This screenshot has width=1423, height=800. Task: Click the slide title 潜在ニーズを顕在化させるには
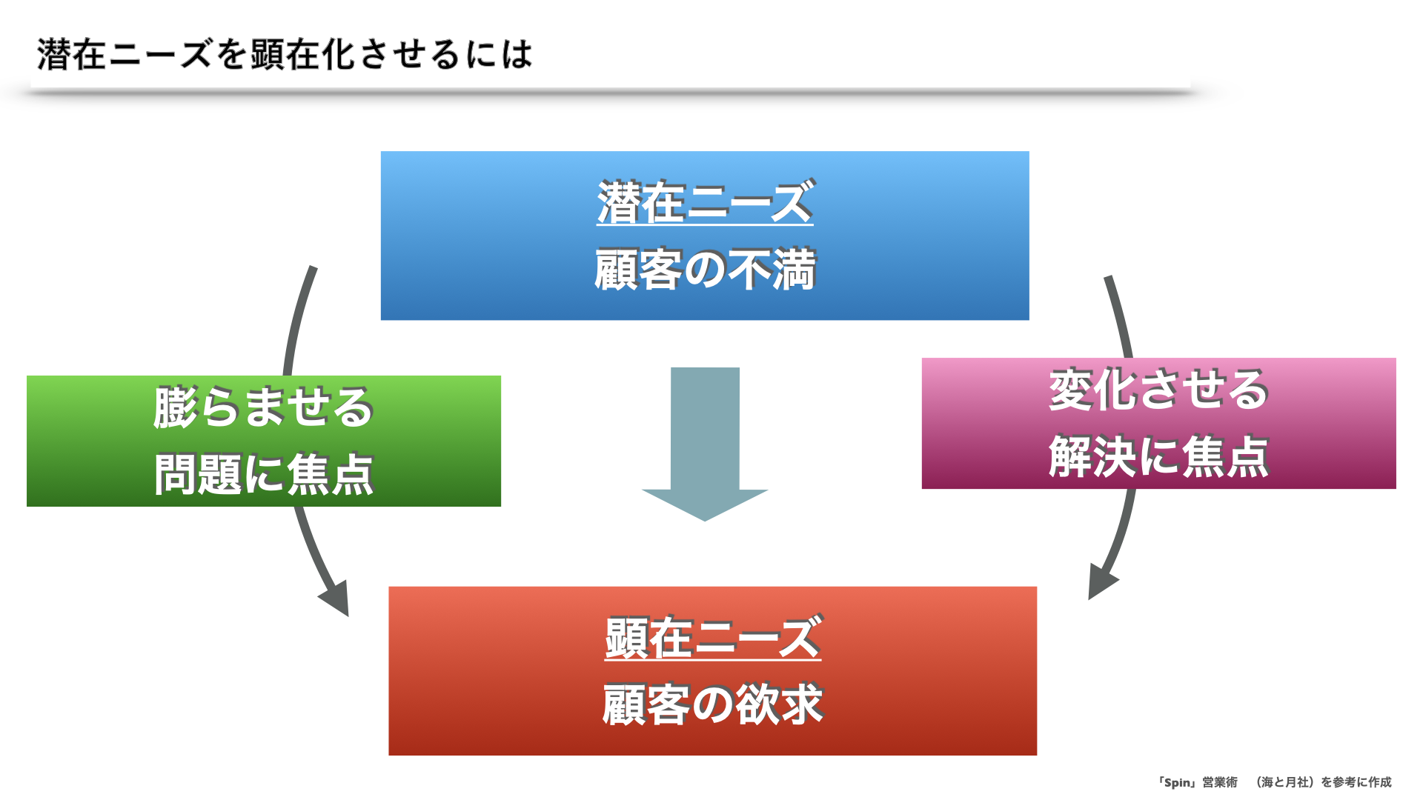[285, 54]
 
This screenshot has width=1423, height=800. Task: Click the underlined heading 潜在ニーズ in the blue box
[706, 202]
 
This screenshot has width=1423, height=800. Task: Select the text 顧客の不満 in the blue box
[706, 269]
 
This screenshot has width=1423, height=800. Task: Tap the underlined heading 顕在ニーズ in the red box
[713, 638]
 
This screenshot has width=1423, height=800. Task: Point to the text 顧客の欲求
[713, 704]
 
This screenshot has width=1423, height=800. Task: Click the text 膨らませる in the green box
[264, 407]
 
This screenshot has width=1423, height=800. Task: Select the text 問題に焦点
[264, 474]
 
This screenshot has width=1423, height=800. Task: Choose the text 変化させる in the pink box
[1159, 390]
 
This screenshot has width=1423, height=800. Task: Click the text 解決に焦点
[1159, 456]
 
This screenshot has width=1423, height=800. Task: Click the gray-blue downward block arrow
[705, 444]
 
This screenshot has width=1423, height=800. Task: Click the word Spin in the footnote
[1178, 782]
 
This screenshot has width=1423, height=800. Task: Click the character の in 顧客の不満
[705, 270]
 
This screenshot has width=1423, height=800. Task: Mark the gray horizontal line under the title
[608, 93]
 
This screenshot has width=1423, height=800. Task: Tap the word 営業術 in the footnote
[1220, 782]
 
